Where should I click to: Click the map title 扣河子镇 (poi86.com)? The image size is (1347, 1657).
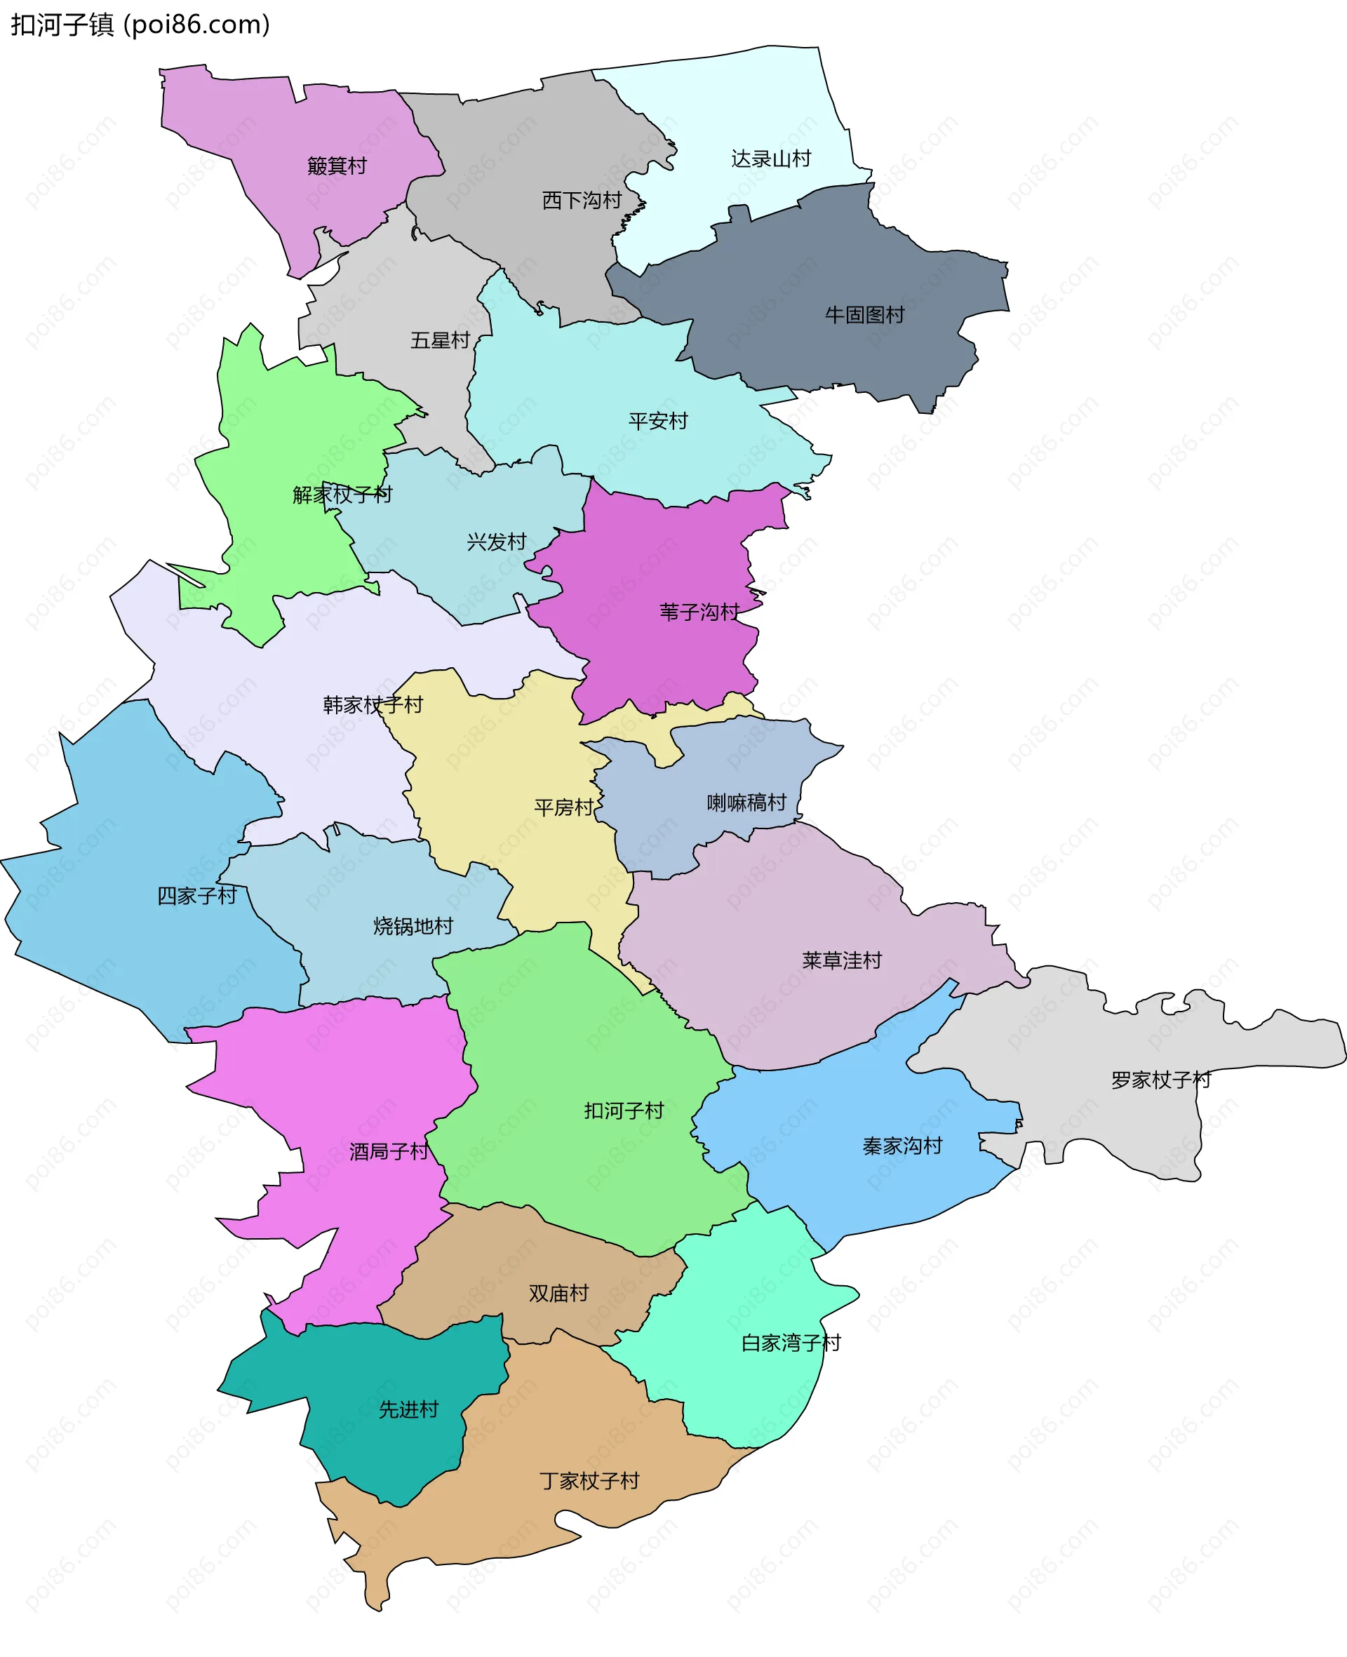(x=140, y=25)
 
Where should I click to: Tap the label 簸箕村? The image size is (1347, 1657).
(x=337, y=166)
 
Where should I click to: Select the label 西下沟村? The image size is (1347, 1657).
(x=582, y=201)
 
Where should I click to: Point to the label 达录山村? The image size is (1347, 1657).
(x=770, y=159)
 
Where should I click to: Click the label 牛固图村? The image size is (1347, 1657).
(x=864, y=315)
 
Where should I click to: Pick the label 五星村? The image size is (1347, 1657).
(x=440, y=340)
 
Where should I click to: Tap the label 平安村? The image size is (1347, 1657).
(x=658, y=421)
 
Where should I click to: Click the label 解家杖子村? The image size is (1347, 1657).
(x=342, y=495)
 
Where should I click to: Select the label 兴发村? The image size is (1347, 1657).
(x=497, y=542)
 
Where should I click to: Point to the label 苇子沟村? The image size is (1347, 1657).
(x=699, y=612)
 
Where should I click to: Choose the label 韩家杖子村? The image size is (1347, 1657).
(x=373, y=705)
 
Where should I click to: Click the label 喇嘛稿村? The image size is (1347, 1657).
(x=746, y=803)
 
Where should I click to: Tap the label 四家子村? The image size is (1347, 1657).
(x=197, y=896)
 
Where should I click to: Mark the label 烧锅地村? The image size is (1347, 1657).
(x=413, y=926)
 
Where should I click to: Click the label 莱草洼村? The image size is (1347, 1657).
(x=842, y=960)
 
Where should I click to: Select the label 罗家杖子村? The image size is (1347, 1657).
(x=1161, y=1080)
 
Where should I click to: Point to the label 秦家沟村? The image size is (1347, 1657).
(x=902, y=1146)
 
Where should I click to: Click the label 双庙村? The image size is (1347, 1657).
(x=558, y=1293)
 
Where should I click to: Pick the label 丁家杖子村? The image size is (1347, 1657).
(x=590, y=1481)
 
